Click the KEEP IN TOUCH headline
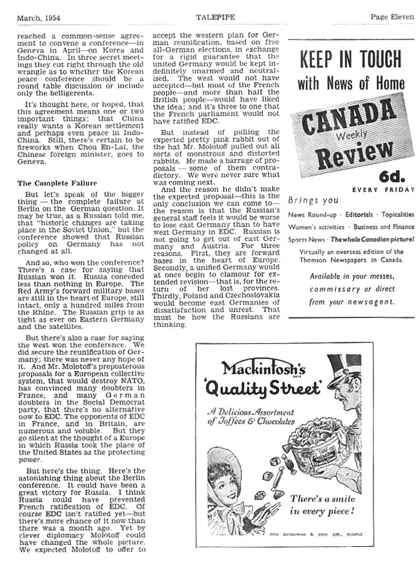click(351, 60)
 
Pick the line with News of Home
click(351, 84)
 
